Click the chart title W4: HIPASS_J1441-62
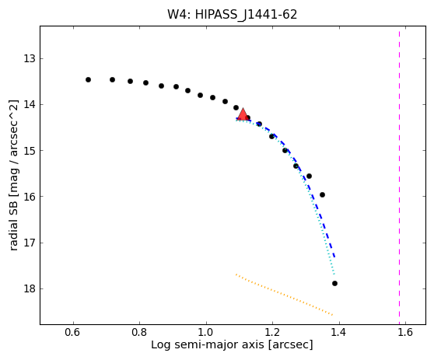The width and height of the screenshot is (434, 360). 233,15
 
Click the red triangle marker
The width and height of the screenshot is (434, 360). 243,114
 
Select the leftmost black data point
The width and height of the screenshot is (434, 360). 89,79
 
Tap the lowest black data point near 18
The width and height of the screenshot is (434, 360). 334,283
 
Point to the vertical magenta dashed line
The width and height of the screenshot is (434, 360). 399,174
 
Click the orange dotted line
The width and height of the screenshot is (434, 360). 284,295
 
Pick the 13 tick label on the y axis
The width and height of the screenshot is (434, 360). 30,58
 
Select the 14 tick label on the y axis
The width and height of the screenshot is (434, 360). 30,105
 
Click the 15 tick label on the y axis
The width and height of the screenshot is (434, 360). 30,151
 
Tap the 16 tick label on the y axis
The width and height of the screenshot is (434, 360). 30,197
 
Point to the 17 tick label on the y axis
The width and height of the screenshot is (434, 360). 30,243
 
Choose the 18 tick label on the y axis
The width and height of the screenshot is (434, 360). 30,289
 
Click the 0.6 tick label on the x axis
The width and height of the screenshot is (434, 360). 73,332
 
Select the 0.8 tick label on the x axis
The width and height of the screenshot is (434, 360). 139,332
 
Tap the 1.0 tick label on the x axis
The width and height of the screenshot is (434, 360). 206,332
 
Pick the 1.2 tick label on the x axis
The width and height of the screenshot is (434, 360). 272,332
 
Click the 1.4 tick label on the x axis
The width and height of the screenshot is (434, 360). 339,332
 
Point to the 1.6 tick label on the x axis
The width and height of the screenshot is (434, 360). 405,332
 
